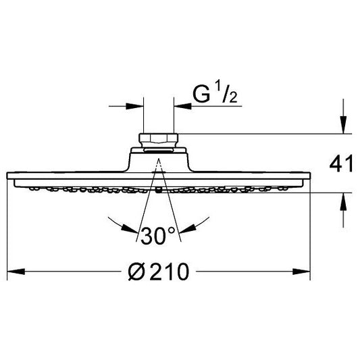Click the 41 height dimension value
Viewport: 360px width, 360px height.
click(341, 163)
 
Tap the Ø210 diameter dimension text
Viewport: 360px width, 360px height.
click(159, 272)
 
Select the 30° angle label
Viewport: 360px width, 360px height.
click(158, 235)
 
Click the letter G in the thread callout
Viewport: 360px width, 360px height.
click(201, 94)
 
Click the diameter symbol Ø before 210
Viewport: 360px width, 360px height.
click(136, 272)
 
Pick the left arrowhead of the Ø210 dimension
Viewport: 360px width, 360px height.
click(16, 272)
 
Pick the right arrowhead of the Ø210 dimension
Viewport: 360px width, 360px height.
click(301, 272)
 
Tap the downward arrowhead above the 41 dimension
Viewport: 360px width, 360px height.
click(343, 125)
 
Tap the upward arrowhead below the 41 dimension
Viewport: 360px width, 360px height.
click(343, 201)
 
